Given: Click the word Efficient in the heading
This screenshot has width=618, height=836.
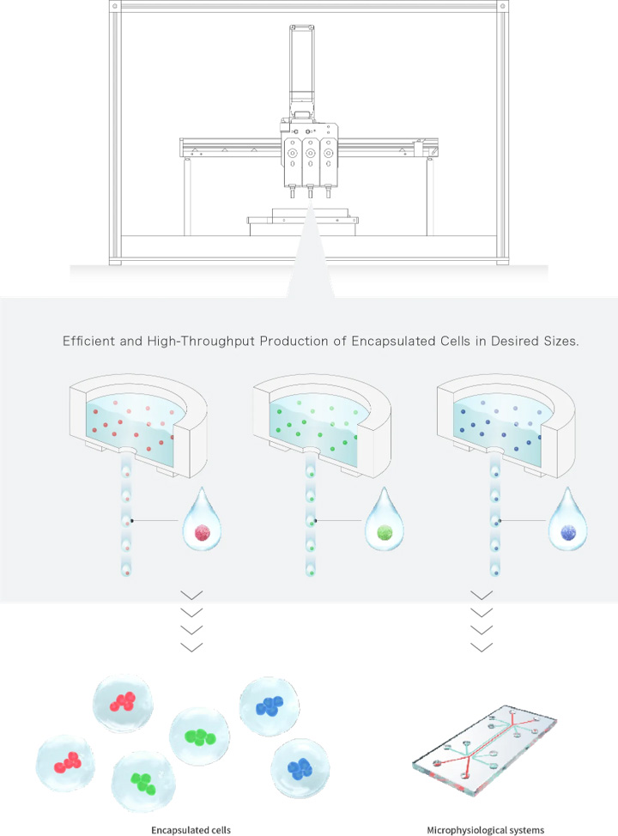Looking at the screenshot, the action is tap(88, 341).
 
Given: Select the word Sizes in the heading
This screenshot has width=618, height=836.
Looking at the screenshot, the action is tap(561, 342).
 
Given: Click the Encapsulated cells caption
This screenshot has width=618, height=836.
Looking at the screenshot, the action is tap(191, 830).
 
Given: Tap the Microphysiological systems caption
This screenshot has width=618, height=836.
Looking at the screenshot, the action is tap(485, 830).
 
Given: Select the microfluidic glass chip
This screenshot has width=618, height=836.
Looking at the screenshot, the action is tap(485, 750).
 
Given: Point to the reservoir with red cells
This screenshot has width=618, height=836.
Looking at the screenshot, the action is tap(138, 425).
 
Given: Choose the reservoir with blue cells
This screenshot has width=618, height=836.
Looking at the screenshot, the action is tap(506, 425).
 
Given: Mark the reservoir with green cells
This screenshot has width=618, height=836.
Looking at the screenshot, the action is tap(322, 425).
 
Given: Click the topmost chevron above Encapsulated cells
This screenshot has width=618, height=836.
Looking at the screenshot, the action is tap(191, 596).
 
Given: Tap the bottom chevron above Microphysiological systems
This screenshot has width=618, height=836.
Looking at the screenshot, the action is tap(482, 646).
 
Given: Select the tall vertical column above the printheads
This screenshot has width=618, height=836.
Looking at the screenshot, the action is tap(302, 70).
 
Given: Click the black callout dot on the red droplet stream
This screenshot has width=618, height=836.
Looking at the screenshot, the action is tap(132, 520).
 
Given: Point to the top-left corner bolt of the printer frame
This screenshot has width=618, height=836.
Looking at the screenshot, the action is tap(115, 6).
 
